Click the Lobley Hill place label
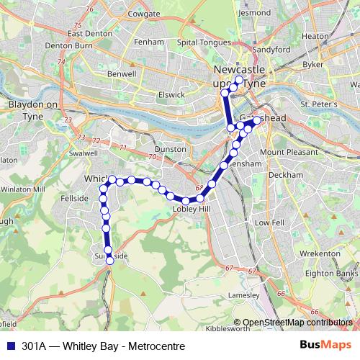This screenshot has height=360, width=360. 190,210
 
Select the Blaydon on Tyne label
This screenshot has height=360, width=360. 32,109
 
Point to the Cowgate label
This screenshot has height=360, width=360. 143,14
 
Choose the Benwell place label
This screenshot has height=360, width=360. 121,73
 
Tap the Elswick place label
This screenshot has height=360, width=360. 171,94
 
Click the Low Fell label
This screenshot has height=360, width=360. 270,223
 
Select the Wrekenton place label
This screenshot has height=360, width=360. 320,254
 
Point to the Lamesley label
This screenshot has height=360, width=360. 243,295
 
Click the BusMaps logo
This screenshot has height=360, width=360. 322,346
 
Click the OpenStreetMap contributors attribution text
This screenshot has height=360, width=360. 297,323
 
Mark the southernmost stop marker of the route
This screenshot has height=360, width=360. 110,261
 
